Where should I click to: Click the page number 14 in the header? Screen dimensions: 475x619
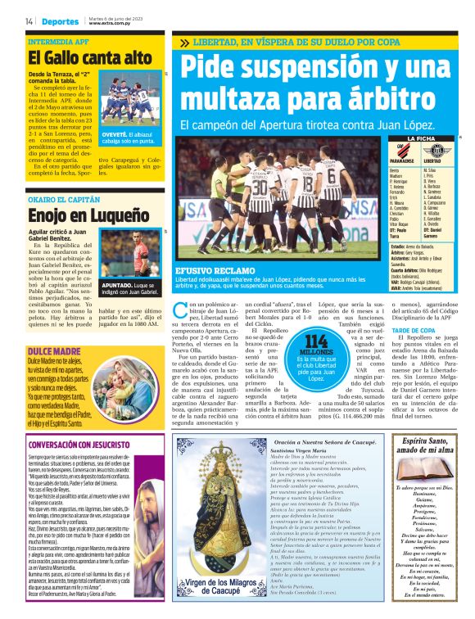tap(29, 21)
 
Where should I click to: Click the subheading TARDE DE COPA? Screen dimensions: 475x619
tap(413, 330)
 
